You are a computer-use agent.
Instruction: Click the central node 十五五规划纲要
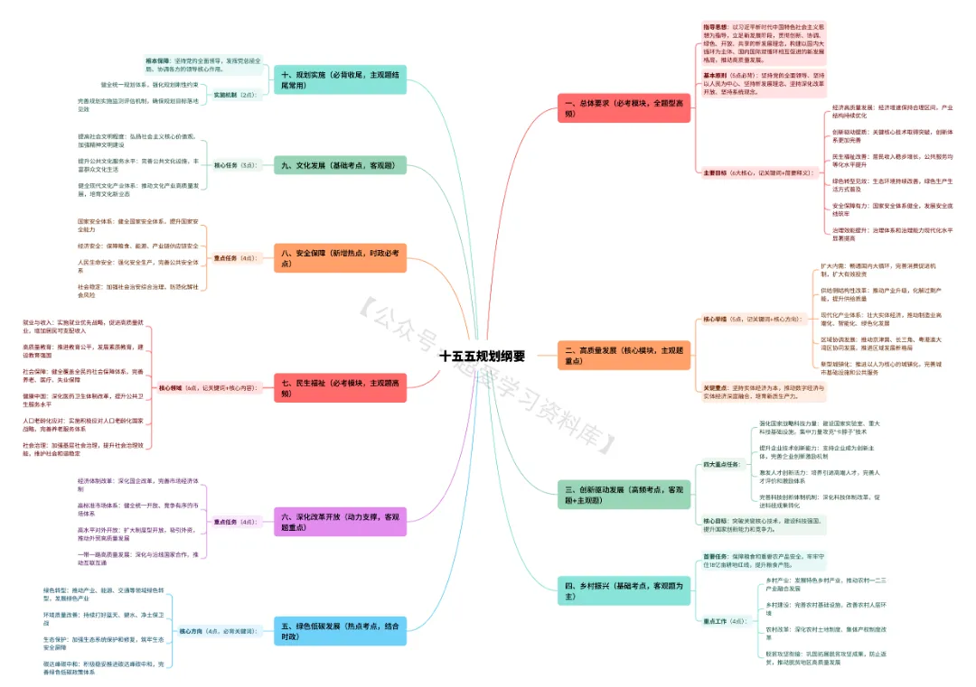tap(482, 355)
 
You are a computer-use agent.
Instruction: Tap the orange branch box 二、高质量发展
tap(624, 355)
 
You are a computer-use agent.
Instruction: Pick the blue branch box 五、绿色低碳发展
tap(339, 630)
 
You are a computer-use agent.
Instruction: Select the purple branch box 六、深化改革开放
tap(339, 522)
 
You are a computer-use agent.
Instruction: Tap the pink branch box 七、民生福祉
tap(339, 388)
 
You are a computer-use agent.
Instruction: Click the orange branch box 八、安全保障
tap(339, 258)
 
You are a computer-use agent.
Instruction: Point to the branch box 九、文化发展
tap(339, 165)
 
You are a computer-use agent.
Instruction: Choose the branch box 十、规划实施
tap(339, 79)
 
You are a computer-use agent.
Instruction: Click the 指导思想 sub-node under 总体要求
tap(716, 27)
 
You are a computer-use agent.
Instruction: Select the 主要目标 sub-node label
tap(716, 172)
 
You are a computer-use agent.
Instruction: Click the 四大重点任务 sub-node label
tap(720, 464)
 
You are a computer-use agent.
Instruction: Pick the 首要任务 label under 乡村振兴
tap(716, 556)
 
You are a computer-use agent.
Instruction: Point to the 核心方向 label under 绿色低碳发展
tap(194, 631)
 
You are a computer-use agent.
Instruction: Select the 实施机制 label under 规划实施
tap(226, 94)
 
